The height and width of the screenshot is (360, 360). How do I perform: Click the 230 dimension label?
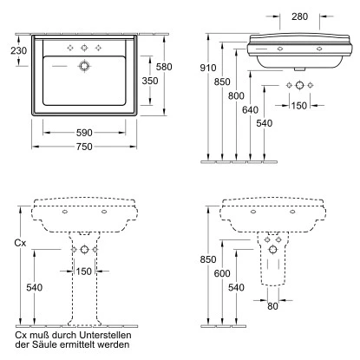19,50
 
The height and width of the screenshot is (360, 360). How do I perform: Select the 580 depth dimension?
164,67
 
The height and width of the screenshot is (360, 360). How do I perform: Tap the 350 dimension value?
150,81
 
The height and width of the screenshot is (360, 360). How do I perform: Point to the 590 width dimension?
84,133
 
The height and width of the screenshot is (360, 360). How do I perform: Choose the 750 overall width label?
84,147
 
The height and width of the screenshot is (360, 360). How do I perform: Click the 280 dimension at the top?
299,16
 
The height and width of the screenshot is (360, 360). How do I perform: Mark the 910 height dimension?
208,68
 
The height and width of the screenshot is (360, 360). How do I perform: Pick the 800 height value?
236,95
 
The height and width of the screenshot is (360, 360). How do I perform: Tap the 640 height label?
250,110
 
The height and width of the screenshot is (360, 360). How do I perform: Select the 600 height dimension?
222,273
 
